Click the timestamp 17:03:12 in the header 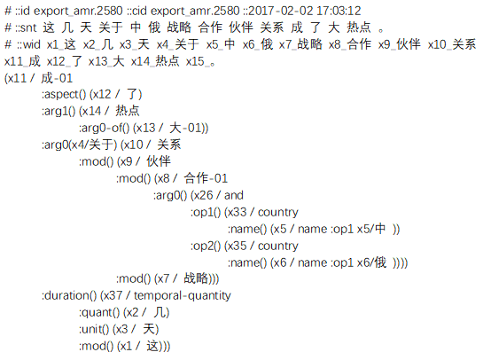pyautogui.click(x=339, y=11)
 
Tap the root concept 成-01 pyautogui.click(x=57, y=78)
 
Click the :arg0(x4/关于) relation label pyautogui.click(x=80, y=145)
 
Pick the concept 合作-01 pyautogui.click(x=206, y=178)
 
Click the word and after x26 pyautogui.click(x=234, y=195)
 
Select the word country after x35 pyautogui.click(x=278, y=246)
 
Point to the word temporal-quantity pyautogui.click(x=182, y=296)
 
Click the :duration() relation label pyautogui.click(x=69, y=296)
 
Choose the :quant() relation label pyautogui.click(x=99, y=313)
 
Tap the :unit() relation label pyautogui.click(x=94, y=330)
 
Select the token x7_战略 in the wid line pyautogui.click(x=300, y=44)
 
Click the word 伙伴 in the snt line pyautogui.click(x=241, y=27)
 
